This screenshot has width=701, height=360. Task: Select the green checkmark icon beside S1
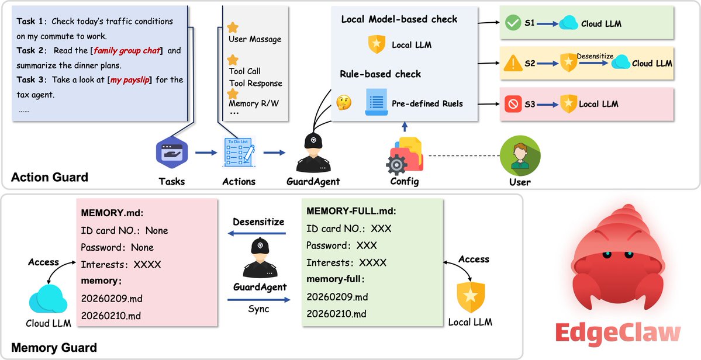coord(513,24)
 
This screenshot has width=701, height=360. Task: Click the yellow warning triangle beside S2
coord(513,63)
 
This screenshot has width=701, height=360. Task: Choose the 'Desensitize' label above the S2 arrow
coord(595,56)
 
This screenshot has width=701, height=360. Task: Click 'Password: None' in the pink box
coord(117,247)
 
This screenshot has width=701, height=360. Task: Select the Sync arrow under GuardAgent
coord(258,300)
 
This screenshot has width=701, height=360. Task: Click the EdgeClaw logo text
coord(618,333)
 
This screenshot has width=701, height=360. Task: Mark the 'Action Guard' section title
coord(50,177)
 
